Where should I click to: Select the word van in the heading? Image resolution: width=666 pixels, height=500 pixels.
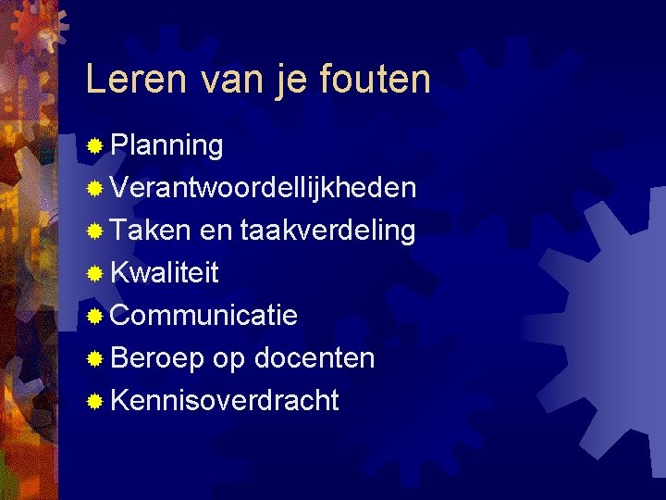point(218,80)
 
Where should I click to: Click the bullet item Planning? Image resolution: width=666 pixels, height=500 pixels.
point(166,146)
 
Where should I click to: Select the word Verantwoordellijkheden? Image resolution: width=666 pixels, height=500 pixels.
point(263,188)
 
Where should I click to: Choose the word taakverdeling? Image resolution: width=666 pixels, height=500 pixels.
point(327,231)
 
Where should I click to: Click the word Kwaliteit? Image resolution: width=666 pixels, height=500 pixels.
point(165,273)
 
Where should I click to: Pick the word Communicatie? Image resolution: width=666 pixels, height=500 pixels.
point(203,316)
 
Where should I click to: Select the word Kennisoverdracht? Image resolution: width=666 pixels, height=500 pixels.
point(225,401)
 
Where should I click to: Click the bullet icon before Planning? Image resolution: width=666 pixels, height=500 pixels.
point(93,146)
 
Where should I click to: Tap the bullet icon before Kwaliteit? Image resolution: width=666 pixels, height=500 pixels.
point(93,274)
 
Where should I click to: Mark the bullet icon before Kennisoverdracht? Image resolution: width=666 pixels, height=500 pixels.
point(93,402)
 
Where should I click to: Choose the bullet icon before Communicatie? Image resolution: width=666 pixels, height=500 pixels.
point(93,317)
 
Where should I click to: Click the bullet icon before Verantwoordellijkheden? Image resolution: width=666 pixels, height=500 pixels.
point(93,189)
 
